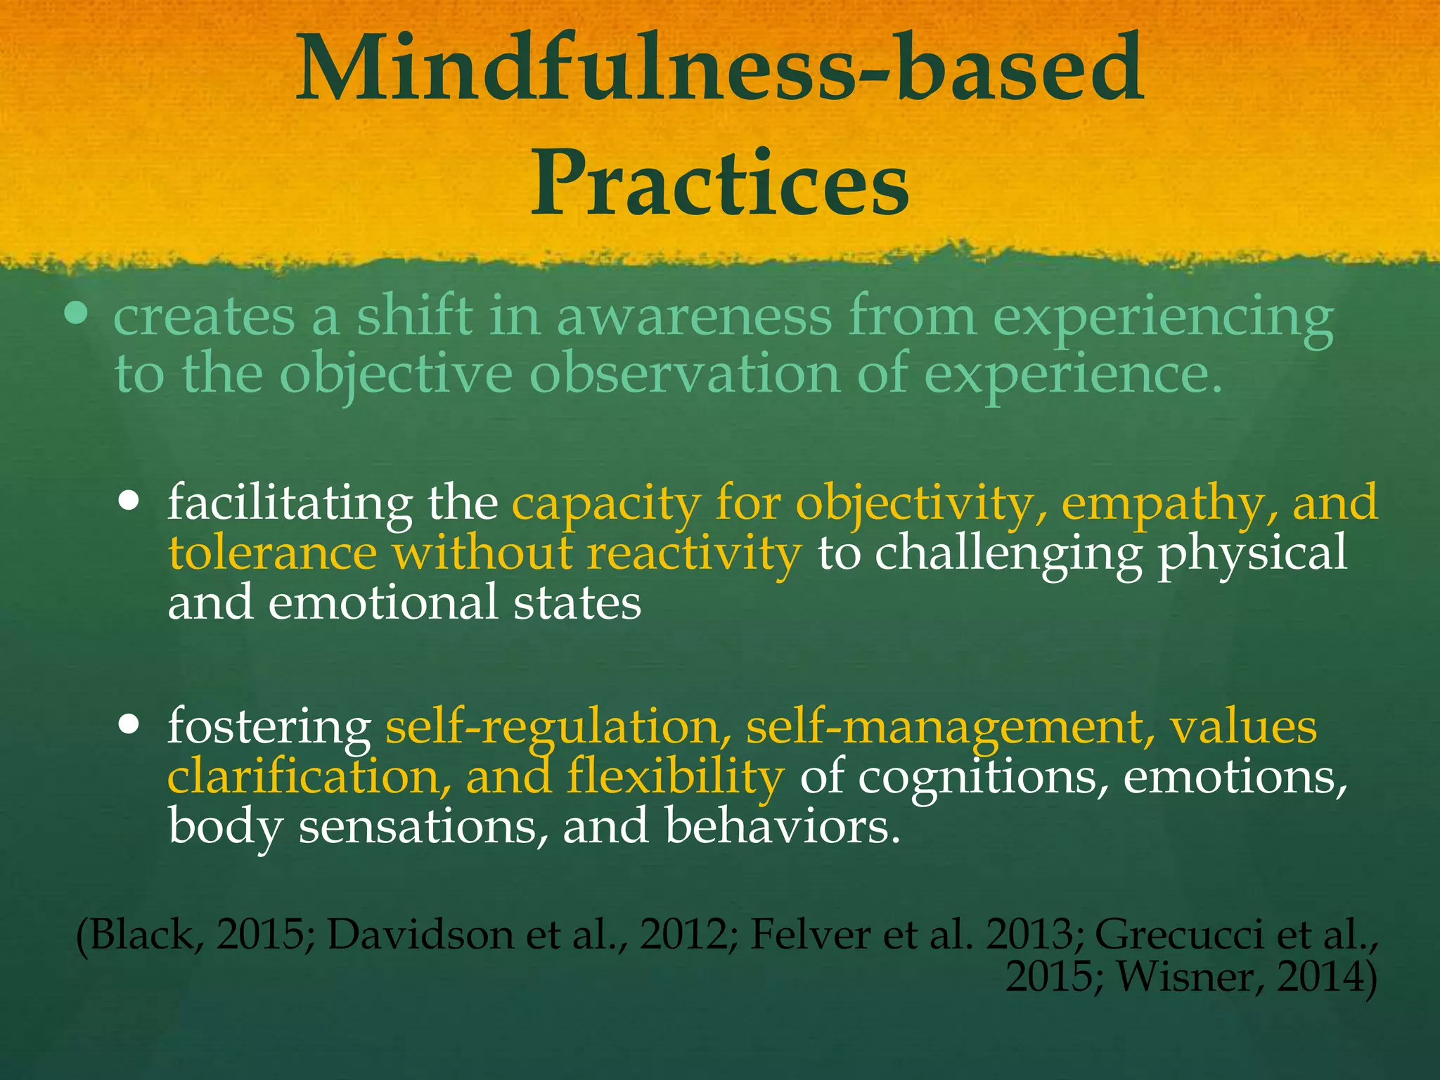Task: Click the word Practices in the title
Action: pyautogui.click(x=719, y=184)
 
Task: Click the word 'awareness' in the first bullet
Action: pyautogui.click(x=694, y=318)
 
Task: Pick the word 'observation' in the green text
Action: pyautogui.click(x=684, y=374)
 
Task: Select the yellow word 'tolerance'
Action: pyautogui.click(x=272, y=553)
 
